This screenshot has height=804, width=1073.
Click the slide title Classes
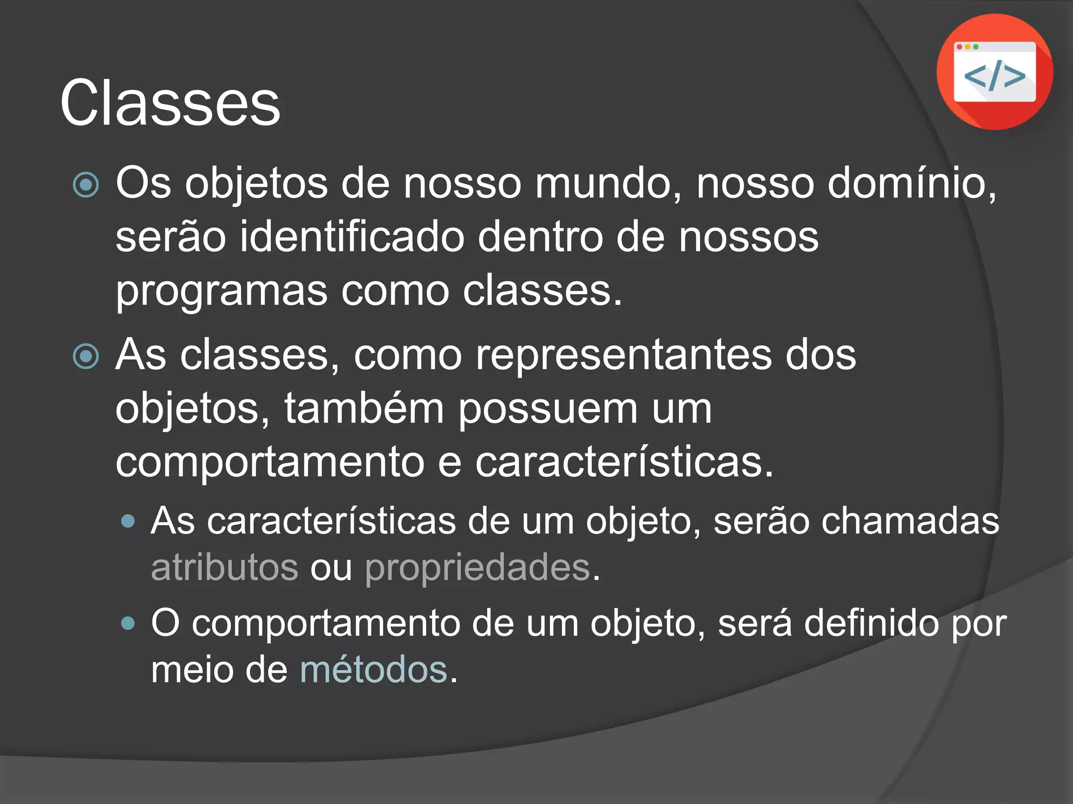point(170,103)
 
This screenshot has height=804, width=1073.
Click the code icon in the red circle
point(994,72)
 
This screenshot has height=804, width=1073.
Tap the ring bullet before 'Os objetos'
point(86,185)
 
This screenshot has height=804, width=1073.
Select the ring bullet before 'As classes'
point(86,356)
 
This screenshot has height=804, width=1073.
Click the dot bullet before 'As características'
point(128,521)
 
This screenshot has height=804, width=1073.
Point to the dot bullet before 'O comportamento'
point(128,623)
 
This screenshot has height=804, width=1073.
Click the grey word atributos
point(224,567)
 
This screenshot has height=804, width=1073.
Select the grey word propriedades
point(478,567)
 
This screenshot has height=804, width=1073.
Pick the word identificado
point(352,237)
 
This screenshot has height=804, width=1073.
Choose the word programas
point(222,292)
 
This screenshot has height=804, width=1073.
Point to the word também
point(364,409)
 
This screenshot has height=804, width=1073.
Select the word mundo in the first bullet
point(608,184)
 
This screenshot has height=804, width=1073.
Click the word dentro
point(540,237)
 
